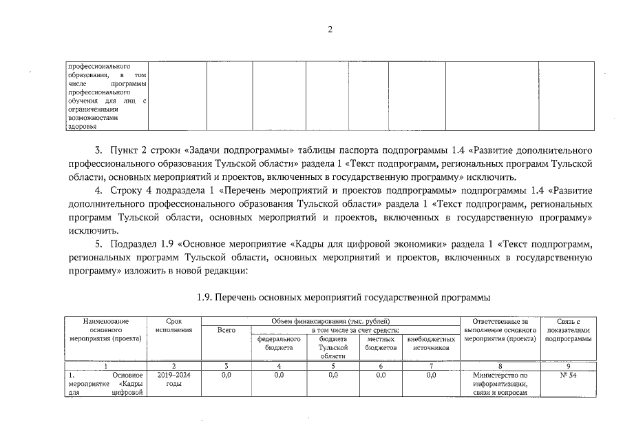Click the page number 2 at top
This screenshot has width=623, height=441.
pos(330,30)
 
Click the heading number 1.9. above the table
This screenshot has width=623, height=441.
pos(204,297)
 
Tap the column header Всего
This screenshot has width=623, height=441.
pos(226,331)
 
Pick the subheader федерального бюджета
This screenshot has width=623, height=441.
pos(278,344)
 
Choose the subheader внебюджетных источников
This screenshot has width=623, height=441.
pos(432,344)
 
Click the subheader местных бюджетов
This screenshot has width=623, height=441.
pos(381,344)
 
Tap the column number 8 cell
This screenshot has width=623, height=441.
pos(500,366)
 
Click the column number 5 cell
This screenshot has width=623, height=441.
pos(333,366)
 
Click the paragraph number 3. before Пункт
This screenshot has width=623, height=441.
pos(98,150)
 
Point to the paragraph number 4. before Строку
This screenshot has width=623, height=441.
pos(98,189)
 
